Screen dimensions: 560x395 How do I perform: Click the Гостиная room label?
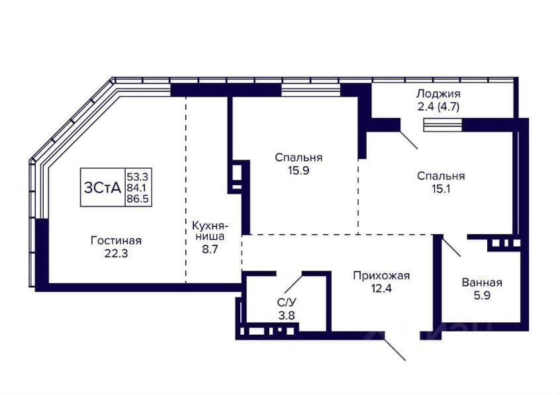click(116, 241)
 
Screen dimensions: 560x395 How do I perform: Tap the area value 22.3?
click(116, 253)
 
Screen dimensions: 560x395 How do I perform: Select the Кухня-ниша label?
click(210, 231)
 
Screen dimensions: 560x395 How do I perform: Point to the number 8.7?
click(210, 249)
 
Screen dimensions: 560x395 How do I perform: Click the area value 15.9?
click(299, 170)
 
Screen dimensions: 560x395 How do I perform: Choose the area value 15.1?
click(441, 189)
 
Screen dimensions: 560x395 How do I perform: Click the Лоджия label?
click(438, 94)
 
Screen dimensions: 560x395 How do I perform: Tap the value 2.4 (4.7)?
click(438, 107)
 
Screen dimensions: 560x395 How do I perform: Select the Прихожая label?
click(381, 276)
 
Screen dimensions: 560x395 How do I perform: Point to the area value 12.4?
click(381, 288)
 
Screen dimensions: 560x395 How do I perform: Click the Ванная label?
click(482, 283)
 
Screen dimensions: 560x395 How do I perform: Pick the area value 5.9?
click(482, 295)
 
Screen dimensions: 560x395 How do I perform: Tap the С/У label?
click(287, 302)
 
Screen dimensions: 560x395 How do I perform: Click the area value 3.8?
click(287, 316)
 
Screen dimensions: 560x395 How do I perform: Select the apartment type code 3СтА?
click(103, 187)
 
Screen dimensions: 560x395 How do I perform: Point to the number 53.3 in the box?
click(138, 176)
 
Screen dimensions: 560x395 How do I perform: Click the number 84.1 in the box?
click(137, 187)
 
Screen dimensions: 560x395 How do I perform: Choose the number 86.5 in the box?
click(138, 198)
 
